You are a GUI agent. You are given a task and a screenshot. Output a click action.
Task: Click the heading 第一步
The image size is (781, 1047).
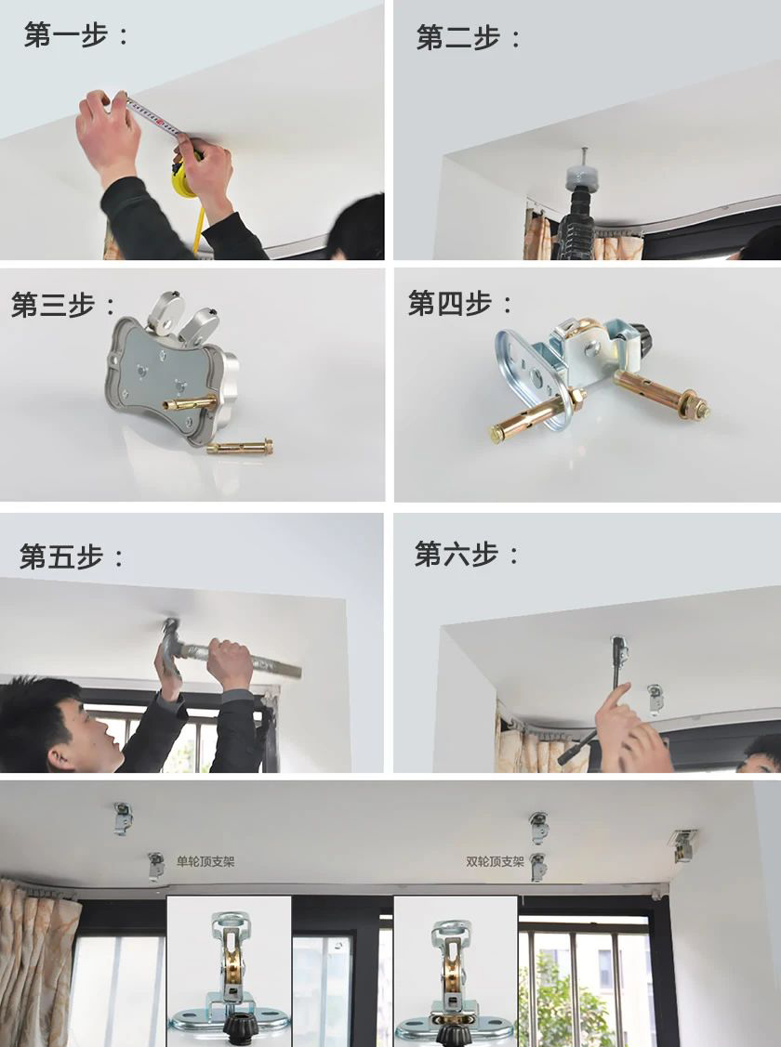click(x=65, y=34)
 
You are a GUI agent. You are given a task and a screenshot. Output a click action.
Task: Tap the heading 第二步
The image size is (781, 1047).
click(x=457, y=37)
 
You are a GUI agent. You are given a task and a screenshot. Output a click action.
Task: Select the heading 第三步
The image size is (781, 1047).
click(x=53, y=305)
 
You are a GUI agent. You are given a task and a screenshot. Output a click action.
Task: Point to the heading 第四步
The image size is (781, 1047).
click(x=450, y=303)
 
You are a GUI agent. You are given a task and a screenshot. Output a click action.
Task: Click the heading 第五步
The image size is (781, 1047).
click(x=60, y=556)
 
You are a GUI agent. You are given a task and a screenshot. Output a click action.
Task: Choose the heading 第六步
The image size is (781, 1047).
click(x=457, y=554)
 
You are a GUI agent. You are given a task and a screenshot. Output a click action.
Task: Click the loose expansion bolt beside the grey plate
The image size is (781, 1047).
click(x=240, y=446)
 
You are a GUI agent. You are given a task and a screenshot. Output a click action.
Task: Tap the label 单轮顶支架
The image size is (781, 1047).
click(x=205, y=861)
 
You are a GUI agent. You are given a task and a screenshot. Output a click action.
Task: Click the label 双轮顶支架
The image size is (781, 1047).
click(x=495, y=861)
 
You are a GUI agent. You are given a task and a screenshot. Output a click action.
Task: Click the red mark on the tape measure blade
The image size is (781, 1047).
click(x=159, y=123)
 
